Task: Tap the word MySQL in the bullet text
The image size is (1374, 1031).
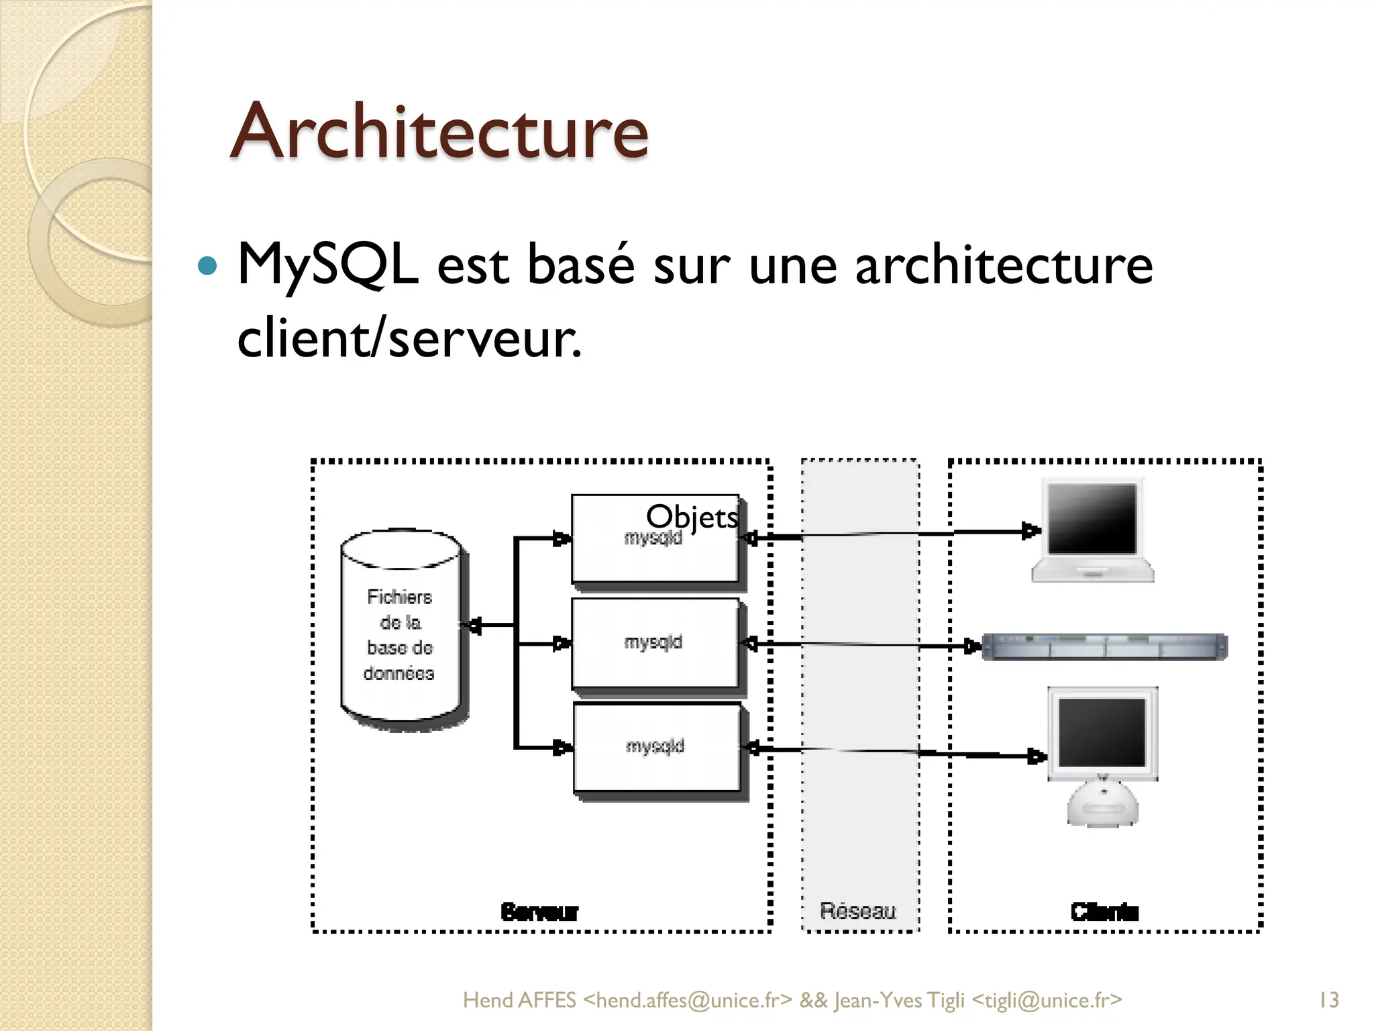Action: (327, 264)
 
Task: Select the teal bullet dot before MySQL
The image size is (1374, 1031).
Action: (208, 266)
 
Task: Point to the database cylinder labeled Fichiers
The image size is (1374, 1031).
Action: (401, 631)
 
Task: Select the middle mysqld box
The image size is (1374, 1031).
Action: (654, 643)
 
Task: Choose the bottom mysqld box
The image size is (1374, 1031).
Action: (655, 747)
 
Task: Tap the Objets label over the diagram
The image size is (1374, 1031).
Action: (692, 517)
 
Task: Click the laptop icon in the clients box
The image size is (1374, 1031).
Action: (1092, 530)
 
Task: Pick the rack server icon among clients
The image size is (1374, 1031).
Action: (1104, 646)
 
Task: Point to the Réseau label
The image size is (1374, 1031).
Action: (858, 911)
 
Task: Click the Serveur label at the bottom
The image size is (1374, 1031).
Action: (539, 912)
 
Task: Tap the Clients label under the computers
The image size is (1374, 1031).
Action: (1104, 912)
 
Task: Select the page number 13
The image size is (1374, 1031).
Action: (1328, 1000)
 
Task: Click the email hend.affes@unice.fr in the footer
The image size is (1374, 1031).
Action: (688, 1000)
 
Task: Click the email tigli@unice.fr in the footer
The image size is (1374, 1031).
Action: (1047, 1000)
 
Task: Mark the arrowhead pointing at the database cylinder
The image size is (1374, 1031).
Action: (474, 626)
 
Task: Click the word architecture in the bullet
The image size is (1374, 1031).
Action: (1004, 264)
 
